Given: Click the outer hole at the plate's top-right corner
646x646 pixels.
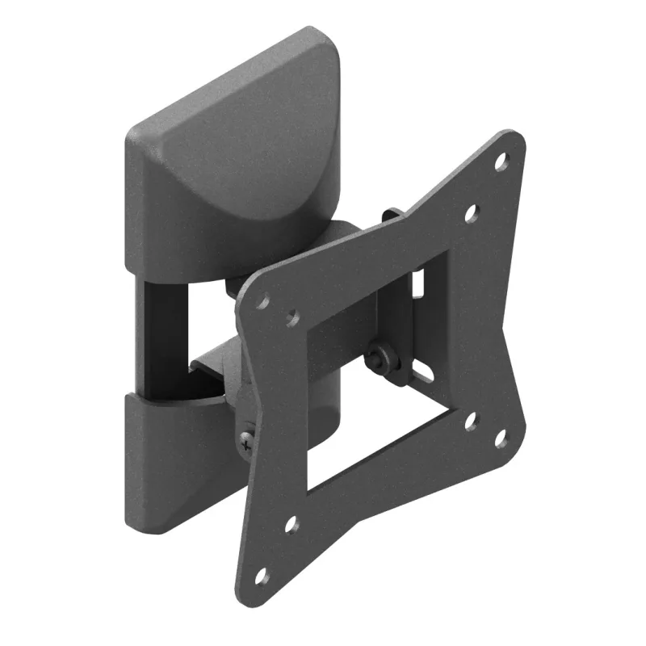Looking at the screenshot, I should point(501,160).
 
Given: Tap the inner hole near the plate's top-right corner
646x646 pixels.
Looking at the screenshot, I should point(472,213).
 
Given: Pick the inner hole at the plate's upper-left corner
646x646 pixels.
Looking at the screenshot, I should point(292,318).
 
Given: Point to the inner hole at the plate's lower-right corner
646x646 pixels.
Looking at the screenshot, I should point(472,422).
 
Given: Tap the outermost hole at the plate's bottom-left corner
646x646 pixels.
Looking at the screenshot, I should point(261,577).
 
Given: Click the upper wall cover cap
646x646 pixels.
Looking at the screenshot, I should point(234,145).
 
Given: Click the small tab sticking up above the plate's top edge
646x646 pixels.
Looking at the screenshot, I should point(392,216).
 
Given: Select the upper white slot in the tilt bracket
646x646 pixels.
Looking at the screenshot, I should point(418,283).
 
